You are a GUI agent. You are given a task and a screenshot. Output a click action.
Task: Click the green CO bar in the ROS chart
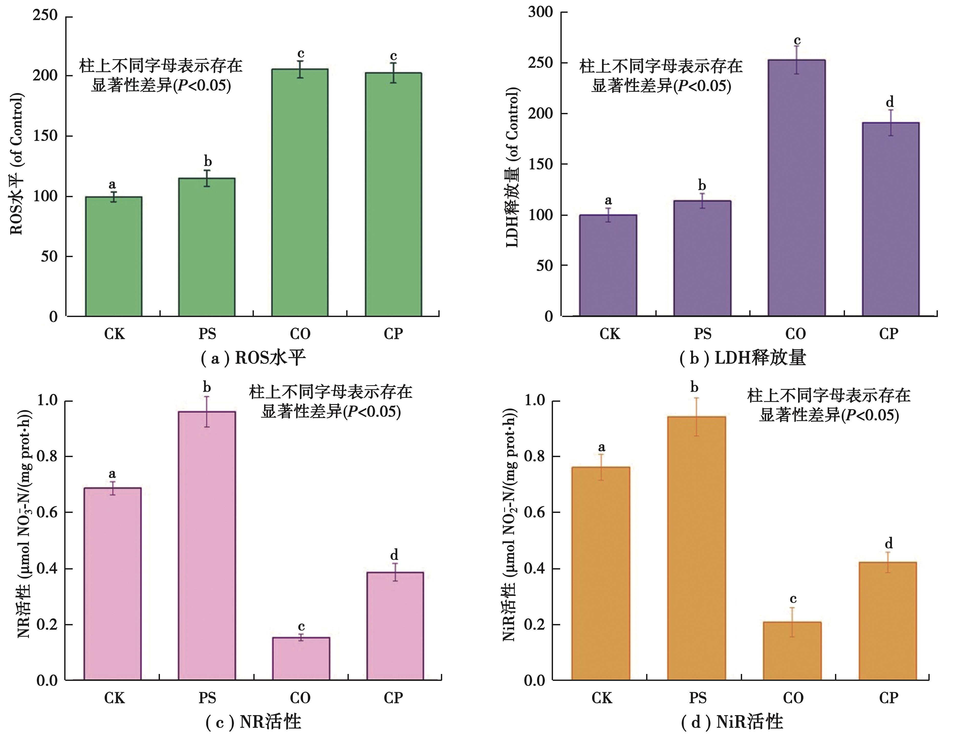pyautogui.click(x=300, y=193)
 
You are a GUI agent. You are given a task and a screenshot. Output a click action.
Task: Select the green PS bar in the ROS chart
pyautogui.click(x=207, y=247)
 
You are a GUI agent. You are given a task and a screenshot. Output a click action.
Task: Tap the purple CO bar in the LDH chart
pyautogui.click(x=796, y=188)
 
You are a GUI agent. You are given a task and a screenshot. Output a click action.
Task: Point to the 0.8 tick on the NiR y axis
pyautogui.click(x=535, y=456)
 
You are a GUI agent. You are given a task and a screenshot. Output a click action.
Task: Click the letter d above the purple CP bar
pyautogui.click(x=889, y=102)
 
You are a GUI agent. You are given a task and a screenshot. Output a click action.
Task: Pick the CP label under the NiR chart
pyautogui.click(x=888, y=698)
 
